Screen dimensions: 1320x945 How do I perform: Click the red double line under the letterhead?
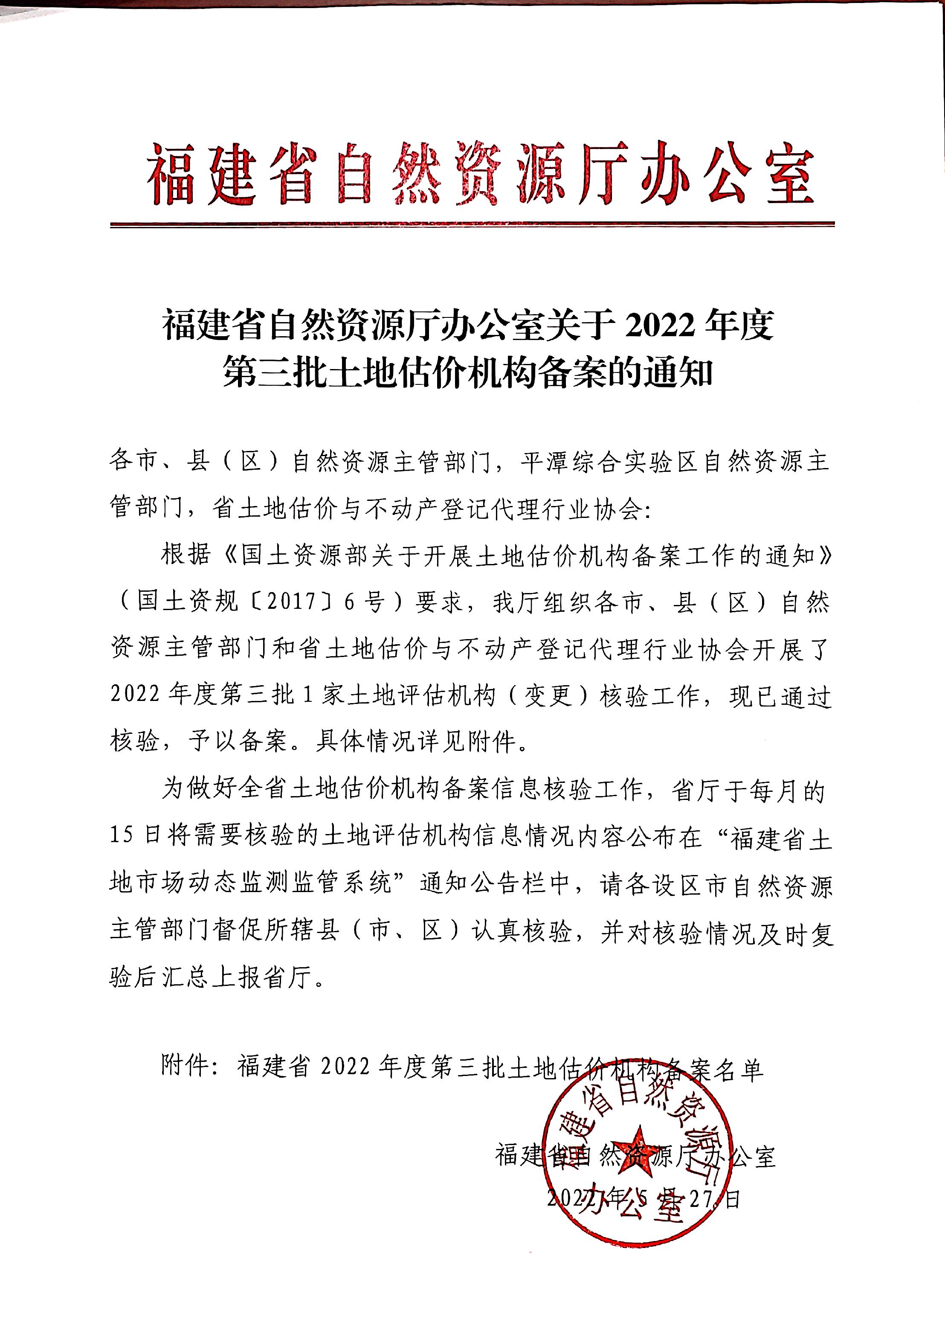tap(472, 224)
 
